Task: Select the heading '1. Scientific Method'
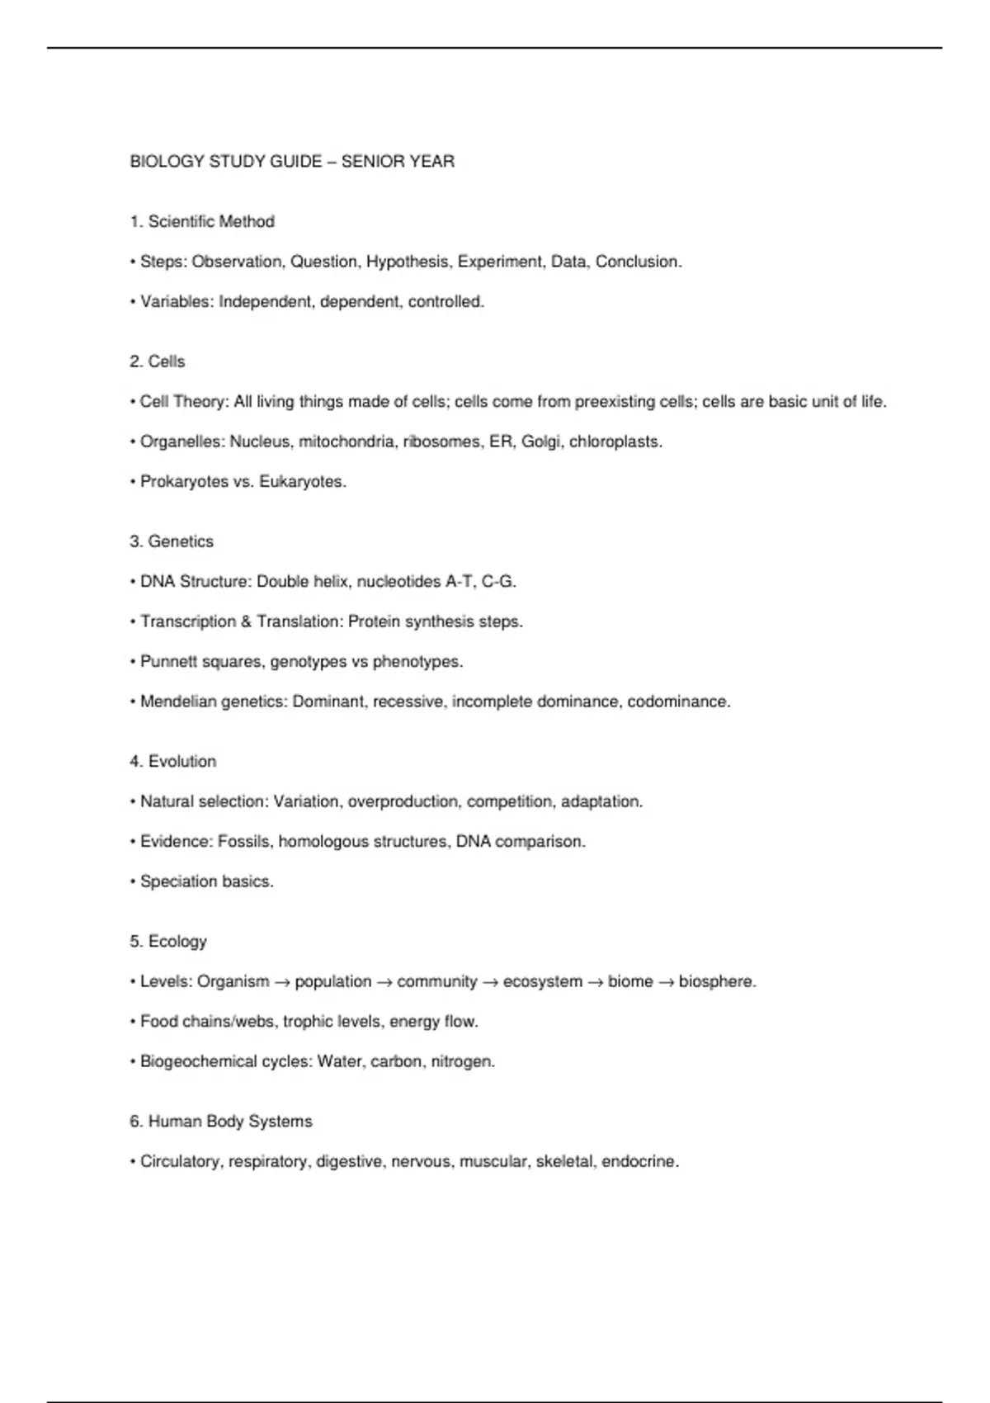[202, 221]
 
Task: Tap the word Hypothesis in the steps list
[408, 262]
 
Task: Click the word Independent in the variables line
[266, 302]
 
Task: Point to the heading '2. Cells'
[158, 361]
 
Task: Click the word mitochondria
[346, 442]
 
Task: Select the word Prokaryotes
[184, 482]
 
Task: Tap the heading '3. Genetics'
[172, 541]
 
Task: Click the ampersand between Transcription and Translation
[246, 621]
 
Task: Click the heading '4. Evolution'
[173, 762]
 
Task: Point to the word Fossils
[243, 842]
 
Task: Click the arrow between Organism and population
[282, 982]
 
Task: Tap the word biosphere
[716, 982]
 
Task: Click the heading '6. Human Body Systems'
[221, 1122]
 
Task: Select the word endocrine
[639, 1162]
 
